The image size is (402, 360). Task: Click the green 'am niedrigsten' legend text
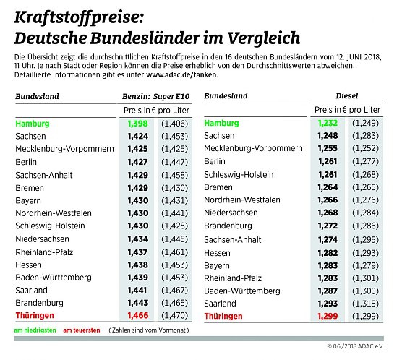click(35, 330)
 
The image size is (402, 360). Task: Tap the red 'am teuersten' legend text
click(81, 330)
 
